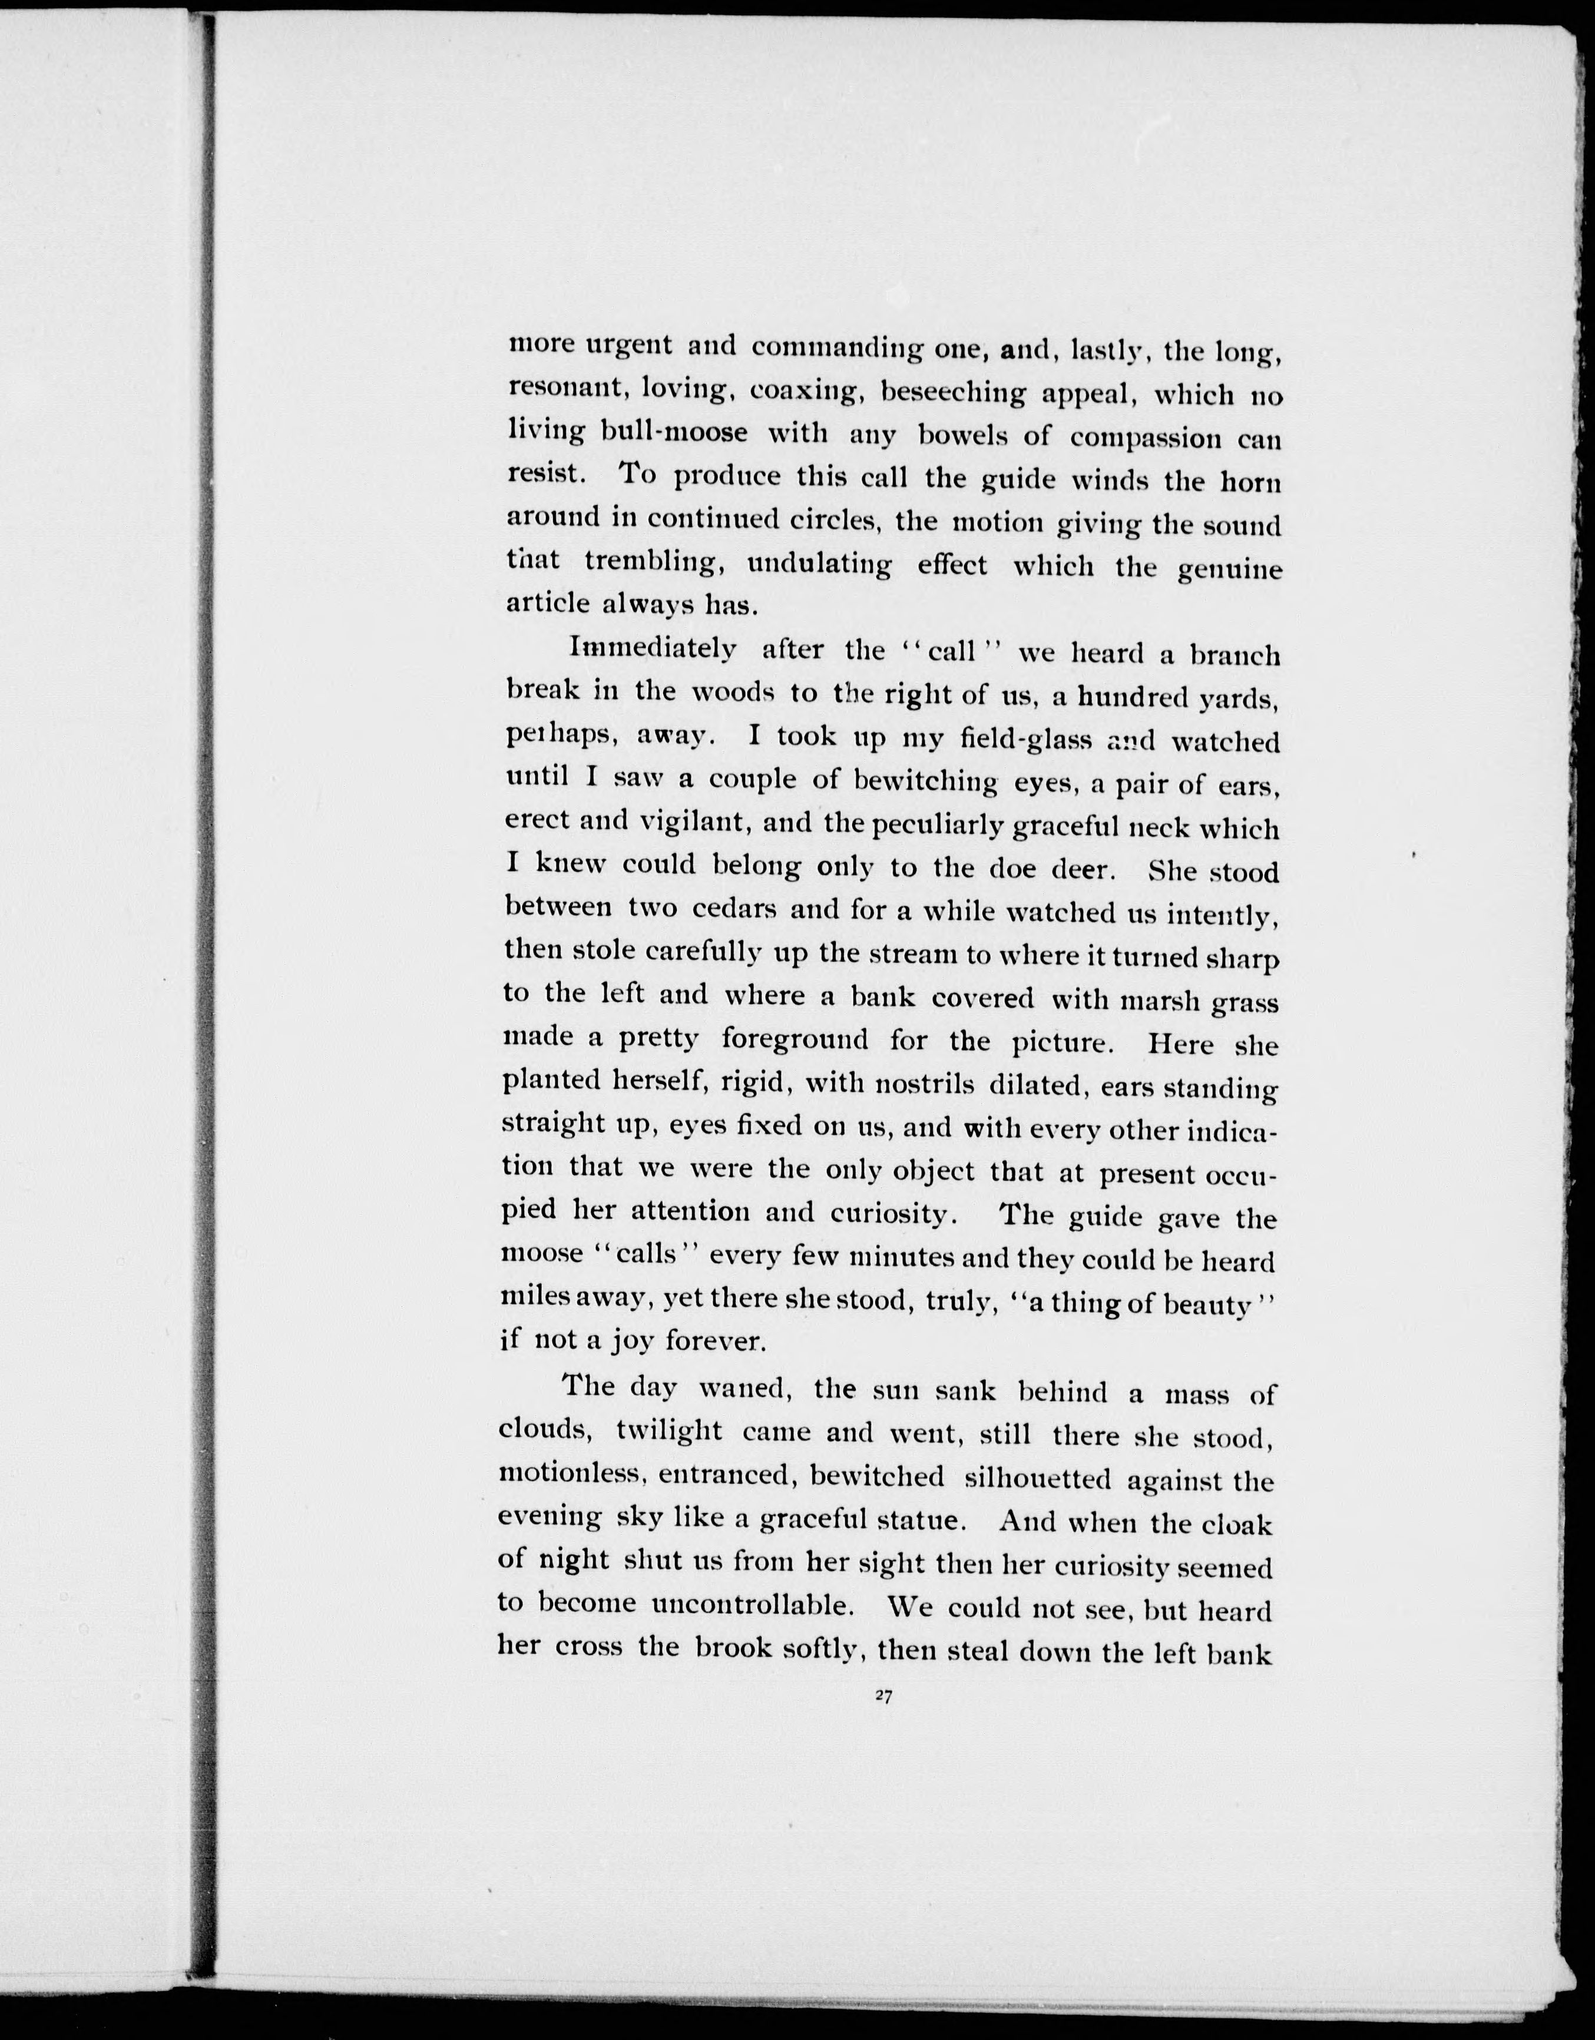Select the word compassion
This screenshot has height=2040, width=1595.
point(1142,436)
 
